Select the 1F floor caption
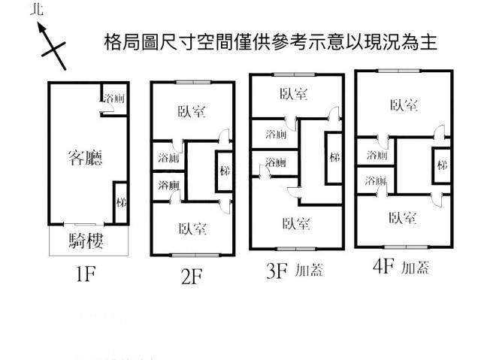point(85,274)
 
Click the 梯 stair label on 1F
point(120,202)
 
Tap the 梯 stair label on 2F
point(224,172)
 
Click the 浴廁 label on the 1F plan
point(113,98)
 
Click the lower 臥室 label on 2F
point(192,228)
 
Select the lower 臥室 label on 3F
point(296,222)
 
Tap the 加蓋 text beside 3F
point(309,271)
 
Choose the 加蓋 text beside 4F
point(415,268)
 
